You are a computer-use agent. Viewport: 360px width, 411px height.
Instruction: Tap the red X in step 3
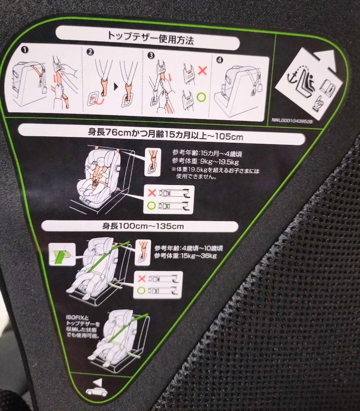[202, 70]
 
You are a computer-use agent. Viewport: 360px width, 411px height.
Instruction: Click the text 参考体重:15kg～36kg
[186, 255]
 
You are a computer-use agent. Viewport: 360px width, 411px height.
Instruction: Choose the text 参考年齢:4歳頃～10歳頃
[189, 248]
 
